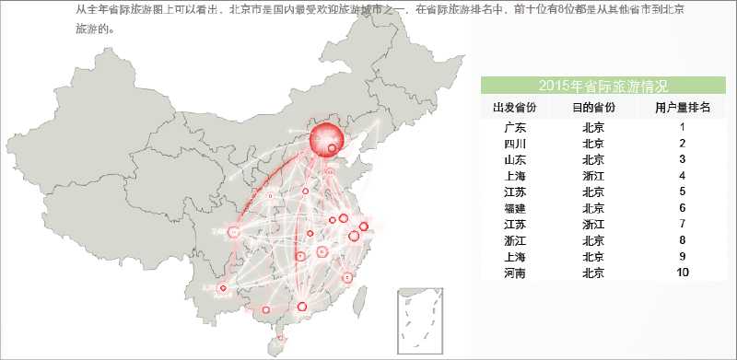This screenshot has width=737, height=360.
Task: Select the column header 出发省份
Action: click(516, 109)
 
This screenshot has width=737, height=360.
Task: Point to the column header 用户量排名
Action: click(683, 109)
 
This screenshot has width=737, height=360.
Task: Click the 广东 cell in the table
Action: click(516, 128)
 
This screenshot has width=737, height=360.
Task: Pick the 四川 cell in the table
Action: click(516, 145)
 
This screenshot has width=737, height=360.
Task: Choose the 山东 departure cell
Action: click(516, 160)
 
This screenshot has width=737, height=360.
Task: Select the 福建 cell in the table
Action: click(516, 208)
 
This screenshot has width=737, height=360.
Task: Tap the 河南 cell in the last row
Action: click(516, 273)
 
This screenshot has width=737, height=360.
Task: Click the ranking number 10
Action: click(683, 273)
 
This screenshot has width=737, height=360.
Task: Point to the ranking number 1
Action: click(683, 128)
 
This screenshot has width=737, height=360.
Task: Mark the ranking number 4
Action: click(683, 176)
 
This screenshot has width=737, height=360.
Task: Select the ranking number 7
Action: click(683, 224)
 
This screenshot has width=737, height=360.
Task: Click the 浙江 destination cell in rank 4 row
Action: click(593, 176)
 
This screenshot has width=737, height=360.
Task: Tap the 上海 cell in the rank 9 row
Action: click(516, 256)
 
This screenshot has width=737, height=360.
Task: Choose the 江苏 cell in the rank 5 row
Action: click(516, 192)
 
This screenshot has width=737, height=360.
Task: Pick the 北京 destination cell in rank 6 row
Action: click(593, 208)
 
